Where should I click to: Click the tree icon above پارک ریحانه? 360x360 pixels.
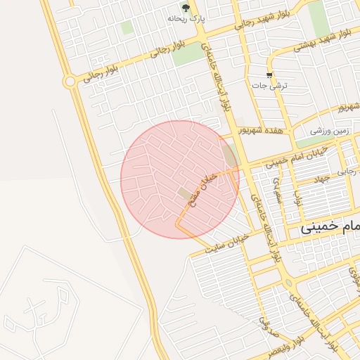(186, 8)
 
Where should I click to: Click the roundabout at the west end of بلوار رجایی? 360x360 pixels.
(70, 82)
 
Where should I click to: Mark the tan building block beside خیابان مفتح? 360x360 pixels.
(184, 193)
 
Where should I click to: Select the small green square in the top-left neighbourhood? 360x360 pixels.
(127, 27)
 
